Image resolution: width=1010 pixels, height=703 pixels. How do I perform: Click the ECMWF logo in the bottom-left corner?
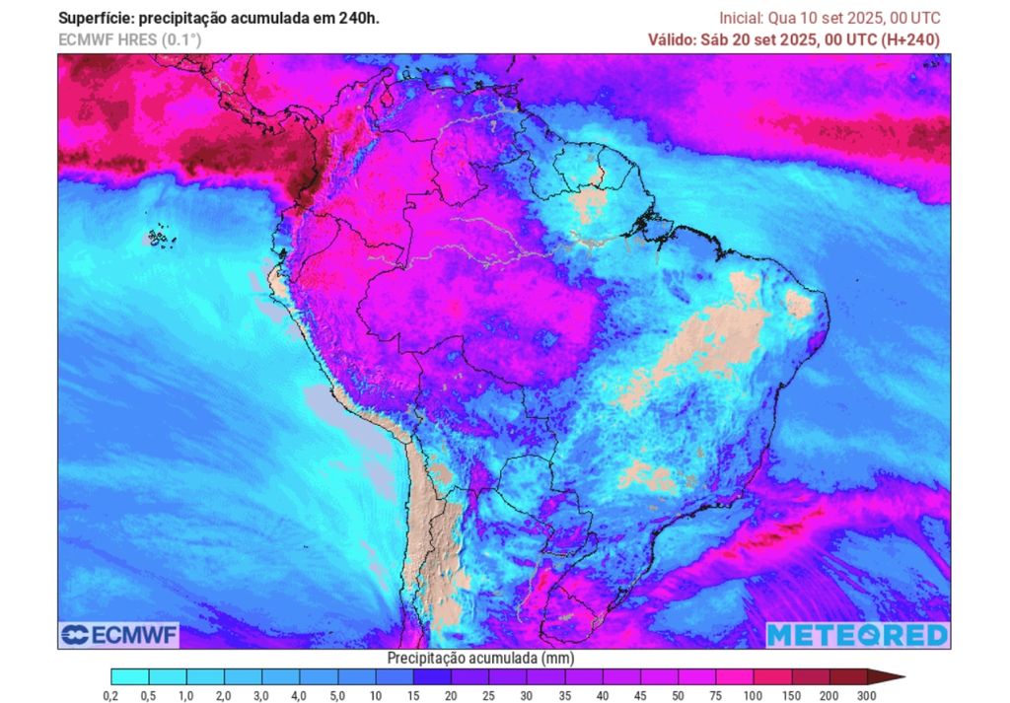click(x=118, y=635)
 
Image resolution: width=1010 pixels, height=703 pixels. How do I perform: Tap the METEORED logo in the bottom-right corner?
click(x=857, y=635)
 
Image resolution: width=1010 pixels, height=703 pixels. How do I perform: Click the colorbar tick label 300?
click(x=867, y=696)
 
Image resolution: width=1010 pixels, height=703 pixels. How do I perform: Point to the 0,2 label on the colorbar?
click(x=111, y=696)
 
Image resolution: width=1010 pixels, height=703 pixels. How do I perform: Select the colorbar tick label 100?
click(x=754, y=696)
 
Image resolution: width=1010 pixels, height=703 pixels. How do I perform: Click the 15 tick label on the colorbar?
click(x=413, y=696)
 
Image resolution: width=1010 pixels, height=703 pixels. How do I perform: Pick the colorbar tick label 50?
click(x=679, y=696)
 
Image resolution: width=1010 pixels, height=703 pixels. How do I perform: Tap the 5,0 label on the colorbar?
click(x=338, y=696)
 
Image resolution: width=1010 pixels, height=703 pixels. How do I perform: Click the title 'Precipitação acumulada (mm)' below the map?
click(x=480, y=658)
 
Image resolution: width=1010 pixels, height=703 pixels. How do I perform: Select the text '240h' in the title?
click(x=359, y=18)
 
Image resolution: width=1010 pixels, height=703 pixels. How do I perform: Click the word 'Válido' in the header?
click(x=673, y=39)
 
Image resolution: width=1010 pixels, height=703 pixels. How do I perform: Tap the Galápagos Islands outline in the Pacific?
click(x=155, y=238)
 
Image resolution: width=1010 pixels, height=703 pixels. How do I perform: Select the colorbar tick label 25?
click(x=489, y=696)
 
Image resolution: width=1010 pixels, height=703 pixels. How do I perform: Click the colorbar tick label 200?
click(x=830, y=696)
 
